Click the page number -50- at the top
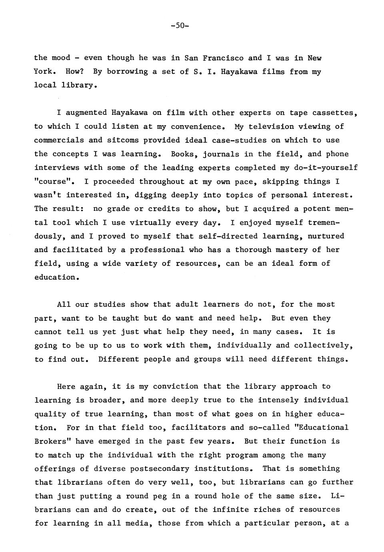pyautogui.click(x=179, y=26)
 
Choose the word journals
pyautogui.click(x=221, y=154)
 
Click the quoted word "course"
pyautogui.click(x=55, y=181)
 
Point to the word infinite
pyautogui.click(x=228, y=510)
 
